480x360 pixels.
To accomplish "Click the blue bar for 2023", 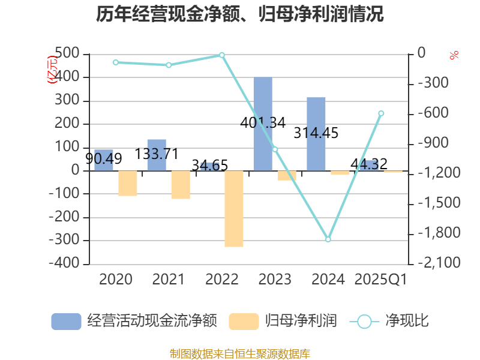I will [263, 124].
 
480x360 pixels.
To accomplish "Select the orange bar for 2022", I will [234, 209].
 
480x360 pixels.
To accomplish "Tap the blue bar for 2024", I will [316, 134].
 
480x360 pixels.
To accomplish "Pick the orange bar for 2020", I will [128, 184].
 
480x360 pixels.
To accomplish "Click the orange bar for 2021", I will [181, 185].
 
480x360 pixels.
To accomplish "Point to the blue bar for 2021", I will [157, 155].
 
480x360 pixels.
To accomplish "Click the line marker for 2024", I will [328, 239].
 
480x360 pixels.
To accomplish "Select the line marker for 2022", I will [222, 55].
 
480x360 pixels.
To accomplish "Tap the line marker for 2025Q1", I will [381, 113].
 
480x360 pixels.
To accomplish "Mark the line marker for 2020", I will [116, 62].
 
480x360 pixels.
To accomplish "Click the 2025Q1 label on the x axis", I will [381, 280].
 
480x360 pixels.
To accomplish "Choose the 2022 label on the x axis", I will [222, 280].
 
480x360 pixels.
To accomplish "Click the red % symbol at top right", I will [454, 55].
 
